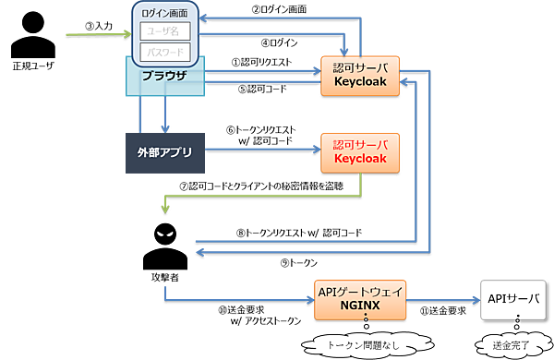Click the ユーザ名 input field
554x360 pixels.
tap(164, 31)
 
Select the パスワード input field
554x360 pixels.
tap(164, 52)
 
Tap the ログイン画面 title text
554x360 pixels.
tap(164, 12)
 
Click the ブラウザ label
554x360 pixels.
tap(164, 75)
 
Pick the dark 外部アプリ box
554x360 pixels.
tap(163, 152)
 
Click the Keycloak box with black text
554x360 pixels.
tap(359, 74)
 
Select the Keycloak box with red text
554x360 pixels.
tap(359, 152)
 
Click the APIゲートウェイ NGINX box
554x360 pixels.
tap(361, 299)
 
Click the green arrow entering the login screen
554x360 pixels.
tap(102, 33)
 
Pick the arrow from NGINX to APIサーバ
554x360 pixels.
tap(443, 299)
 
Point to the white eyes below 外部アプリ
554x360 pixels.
tap(164, 234)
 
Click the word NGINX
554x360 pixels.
tap(361, 306)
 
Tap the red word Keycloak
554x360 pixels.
tap(359, 160)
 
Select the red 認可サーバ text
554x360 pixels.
tap(359, 145)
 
